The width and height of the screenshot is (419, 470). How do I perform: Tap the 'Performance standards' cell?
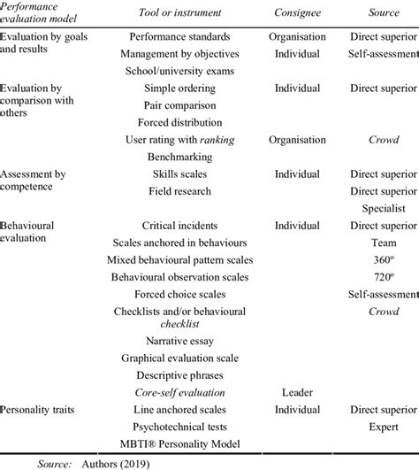coord(179,38)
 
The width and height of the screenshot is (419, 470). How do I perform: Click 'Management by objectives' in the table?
coord(179,55)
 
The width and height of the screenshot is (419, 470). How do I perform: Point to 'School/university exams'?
coord(179,72)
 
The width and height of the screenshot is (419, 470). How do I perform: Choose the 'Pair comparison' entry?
coord(179,106)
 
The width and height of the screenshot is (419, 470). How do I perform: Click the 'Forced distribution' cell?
coord(179,123)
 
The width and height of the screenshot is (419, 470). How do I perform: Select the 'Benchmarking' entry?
coord(179,157)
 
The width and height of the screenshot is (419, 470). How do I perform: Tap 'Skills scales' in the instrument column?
coord(179,174)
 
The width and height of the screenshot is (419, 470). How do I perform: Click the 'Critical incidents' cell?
coord(179,226)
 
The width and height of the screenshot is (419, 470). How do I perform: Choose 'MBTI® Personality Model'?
coord(179,443)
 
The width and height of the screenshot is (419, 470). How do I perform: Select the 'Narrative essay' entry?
coord(179,341)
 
